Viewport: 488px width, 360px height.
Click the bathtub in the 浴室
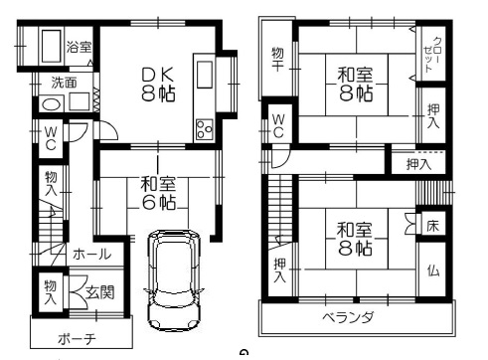[x=51, y=47]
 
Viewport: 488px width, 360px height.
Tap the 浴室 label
[x=79, y=47]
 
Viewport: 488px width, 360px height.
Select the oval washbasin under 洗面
[x=51, y=104]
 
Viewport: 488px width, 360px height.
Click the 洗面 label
[x=65, y=83]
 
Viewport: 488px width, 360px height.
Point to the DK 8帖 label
[x=158, y=85]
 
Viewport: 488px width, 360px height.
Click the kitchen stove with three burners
[x=205, y=129]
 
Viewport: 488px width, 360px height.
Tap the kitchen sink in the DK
[x=205, y=75]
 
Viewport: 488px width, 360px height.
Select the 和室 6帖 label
[x=158, y=193]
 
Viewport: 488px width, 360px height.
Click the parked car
[x=173, y=280]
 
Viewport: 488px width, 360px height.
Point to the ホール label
[x=91, y=255]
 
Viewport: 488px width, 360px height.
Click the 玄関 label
[x=100, y=292]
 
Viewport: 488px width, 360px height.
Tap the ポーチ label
[x=77, y=339]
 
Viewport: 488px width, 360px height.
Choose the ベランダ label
[x=348, y=317]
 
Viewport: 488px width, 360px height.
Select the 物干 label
[x=277, y=60]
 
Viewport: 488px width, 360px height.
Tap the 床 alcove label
[x=432, y=226]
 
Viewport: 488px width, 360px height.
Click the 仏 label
[x=433, y=270]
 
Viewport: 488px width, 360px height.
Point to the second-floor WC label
[x=278, y=126]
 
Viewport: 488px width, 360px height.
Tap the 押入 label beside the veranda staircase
[x=280, y=270]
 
